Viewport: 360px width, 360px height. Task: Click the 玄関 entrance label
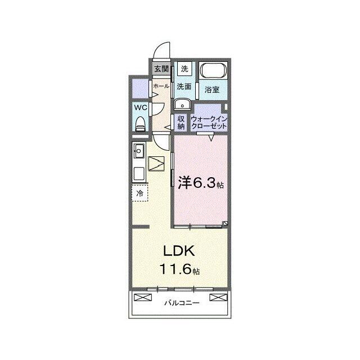click(x=161, y=69)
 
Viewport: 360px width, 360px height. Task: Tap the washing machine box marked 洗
click(x=184, y=69)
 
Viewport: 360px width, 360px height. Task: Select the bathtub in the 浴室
click(x=213, y=70)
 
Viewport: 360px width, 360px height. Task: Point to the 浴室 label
click(x=212, y=89)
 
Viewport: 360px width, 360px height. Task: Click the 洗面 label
click(x=184, y=87)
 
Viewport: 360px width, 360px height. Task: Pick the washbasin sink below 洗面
click(x=182, y=105)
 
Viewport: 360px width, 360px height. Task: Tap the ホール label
click(x=161, y=86)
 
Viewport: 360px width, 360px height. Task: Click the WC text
click(x=141, y=107)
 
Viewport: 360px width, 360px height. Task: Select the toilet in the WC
click(x=140, y=124)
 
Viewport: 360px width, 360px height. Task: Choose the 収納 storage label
click(x=181, y=123)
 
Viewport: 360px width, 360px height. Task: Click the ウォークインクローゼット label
click(x=209, y=123)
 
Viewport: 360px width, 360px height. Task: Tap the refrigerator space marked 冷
click(x=140, y=193)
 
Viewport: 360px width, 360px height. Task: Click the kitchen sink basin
click(x=139, y=151)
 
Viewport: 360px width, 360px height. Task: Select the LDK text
click(x=179, y=251)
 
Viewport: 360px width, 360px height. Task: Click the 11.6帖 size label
click(x=179, y=269)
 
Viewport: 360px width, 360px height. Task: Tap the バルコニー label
click(x=182, y=303)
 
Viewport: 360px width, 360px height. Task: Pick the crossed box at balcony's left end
click(x=143, y=298)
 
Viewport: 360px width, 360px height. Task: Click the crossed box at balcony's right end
click(x=218, y=298)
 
